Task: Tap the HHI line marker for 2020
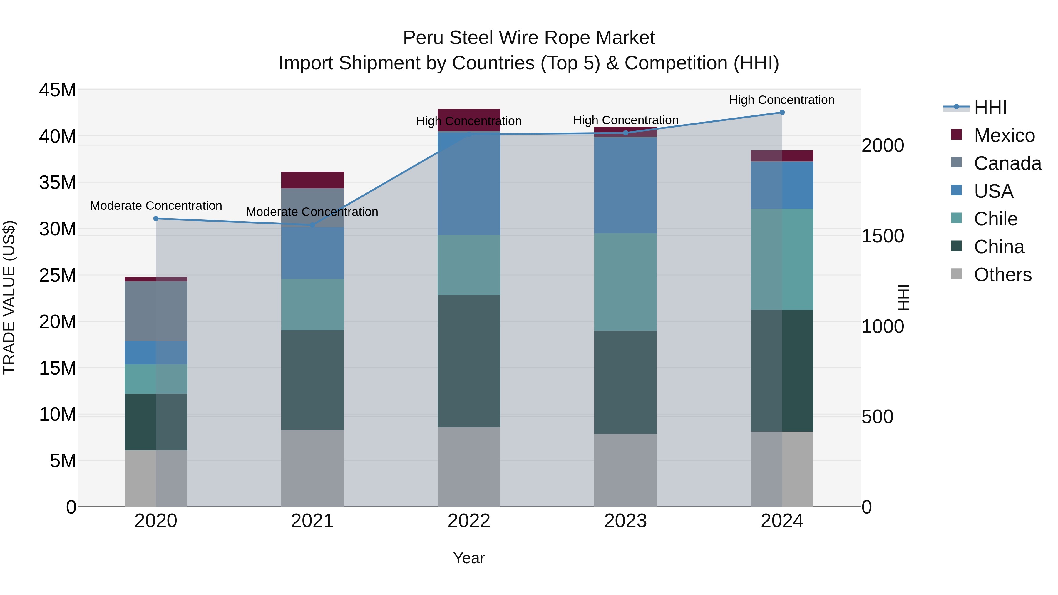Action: click(156, 218)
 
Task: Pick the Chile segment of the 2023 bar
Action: click(625, 282)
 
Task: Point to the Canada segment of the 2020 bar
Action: click(156, 311)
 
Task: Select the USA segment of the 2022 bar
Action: click(469, 183)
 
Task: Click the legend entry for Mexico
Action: click(1004, 135)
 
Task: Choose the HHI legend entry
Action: click(990, 108)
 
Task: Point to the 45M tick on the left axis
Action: click(58, 90)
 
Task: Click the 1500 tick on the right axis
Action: click(883, 236)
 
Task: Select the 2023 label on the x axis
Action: click(625, 521)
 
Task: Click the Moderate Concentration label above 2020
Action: click(156, 206)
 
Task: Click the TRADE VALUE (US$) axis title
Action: click(9, 297)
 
